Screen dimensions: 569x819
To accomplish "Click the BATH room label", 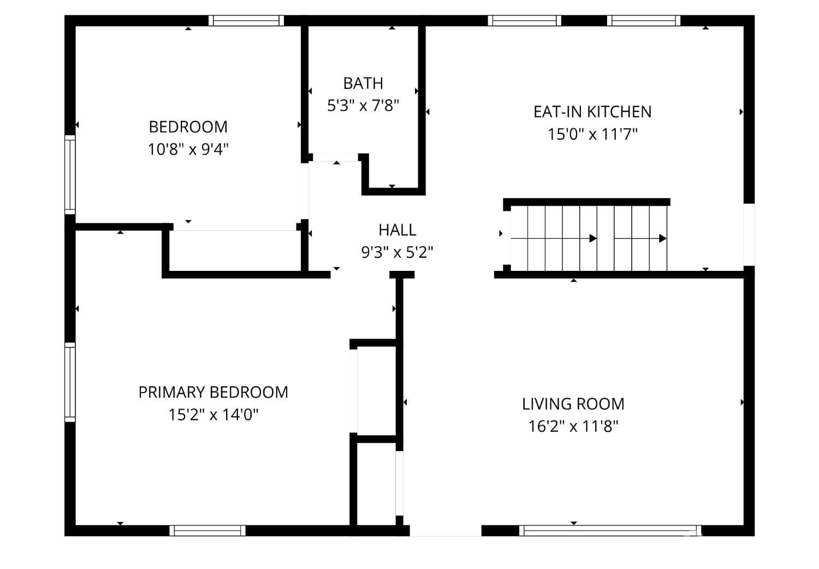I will click(x=363, y=84).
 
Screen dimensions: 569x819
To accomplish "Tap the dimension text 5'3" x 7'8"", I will click(x=363, y=105).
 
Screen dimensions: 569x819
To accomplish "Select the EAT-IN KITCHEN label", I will click(x=592, y=112).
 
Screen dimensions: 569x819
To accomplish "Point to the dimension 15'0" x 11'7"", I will click(x=592, y=134).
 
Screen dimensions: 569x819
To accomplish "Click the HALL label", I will click(x=397, y=230).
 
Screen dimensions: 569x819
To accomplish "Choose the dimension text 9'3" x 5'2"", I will click(x=397, y=252).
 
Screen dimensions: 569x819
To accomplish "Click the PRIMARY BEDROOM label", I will click(x=213, y=393).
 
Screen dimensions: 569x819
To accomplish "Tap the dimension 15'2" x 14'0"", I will click(x=213, y=415).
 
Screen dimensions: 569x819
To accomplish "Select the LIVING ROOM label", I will click(x=573, y=404).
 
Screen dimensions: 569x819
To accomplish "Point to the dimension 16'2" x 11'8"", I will click(x=573, y=426).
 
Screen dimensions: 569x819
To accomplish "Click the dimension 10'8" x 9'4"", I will click(x=188, y=149).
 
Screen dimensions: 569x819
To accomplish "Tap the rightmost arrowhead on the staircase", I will click(x=662, y=239).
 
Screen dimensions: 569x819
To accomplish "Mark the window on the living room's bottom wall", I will click(x=610, y=530).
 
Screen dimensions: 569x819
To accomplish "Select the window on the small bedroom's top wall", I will click(x=246, y=21).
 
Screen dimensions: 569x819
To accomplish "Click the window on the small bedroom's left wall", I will click(x=70, y=174).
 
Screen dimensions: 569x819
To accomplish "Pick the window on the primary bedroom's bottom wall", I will click(x=207, y=530).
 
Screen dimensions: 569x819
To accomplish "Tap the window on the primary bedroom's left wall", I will click(x=70, y=382).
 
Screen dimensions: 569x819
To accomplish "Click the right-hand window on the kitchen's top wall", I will click(x=644, y=21).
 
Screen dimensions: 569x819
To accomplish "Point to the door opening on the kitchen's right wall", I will click(x=749, y=235).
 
